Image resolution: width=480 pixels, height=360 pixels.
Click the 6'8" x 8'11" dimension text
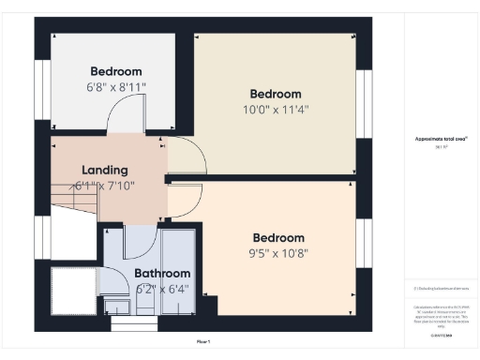(x=115, y=87)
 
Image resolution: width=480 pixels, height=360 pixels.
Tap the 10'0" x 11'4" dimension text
(x=275, y=110)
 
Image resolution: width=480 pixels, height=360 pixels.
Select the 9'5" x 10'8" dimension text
(x=277, y=253)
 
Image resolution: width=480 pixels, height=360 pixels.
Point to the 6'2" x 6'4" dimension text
(x=162, y=289)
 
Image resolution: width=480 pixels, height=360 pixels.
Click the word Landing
(x=104, y=170)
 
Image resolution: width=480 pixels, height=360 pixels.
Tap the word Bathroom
(x=162, y=274)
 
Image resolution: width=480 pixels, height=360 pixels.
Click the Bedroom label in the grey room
(x=115, y=71)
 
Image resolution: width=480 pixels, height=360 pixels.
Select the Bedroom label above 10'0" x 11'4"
(x=275, y=94)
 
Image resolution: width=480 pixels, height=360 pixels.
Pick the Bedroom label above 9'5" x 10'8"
(x=277, y=237)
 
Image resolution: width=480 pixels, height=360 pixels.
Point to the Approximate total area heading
(x=434, y=139)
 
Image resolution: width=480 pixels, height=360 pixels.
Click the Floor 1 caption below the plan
(x=202, y=341)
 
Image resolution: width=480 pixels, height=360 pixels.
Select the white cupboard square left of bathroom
(x=71, y=291)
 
